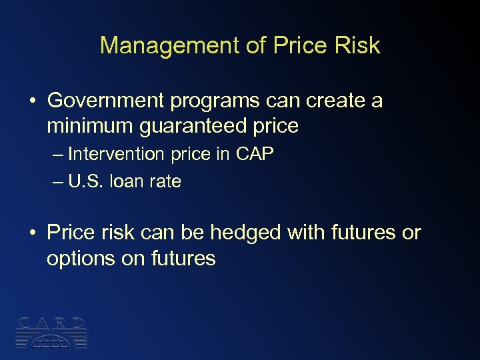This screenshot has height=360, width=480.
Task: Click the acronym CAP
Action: click(x=255, y=154)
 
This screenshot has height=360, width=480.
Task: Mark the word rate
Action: click(x=165, y=181)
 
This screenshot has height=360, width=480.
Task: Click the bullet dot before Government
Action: click(x=32, y=101)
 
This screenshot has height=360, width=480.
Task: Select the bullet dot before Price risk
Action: click(x=32, y=233)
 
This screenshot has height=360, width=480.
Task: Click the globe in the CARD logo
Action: click(x=51, y=339)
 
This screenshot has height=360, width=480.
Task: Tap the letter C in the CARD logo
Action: click(x=23, y=324)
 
